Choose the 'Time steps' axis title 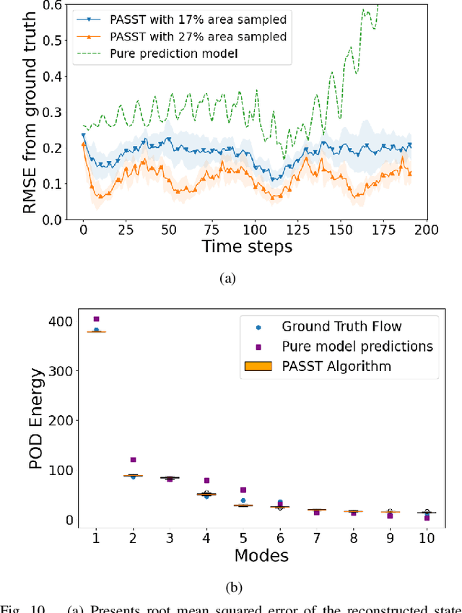pos(248,247)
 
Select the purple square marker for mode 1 pos(96,319)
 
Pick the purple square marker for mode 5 pos(243,490)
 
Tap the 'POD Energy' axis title pos(37,419)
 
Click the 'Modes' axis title pos(261,556)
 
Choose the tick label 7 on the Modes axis pos(316,538)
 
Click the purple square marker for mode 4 pos(206,480)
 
